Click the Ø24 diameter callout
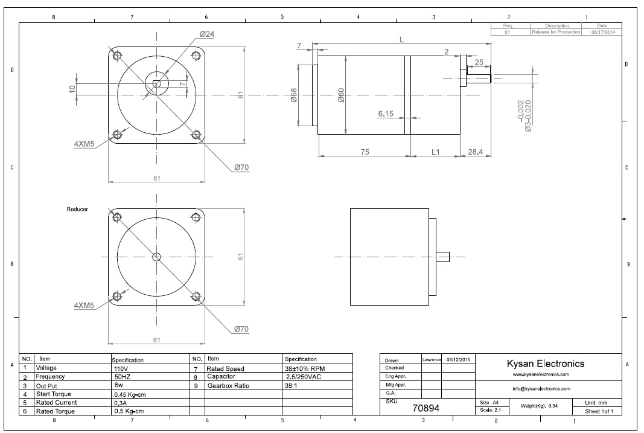206,34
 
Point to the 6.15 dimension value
386,114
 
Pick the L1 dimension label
436,152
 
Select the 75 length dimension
365,152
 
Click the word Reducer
77,209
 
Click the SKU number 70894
426,408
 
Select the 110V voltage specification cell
121,368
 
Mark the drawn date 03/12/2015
459,360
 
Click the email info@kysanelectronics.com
541,389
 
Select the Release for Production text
556,32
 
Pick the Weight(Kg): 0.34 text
540,405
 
